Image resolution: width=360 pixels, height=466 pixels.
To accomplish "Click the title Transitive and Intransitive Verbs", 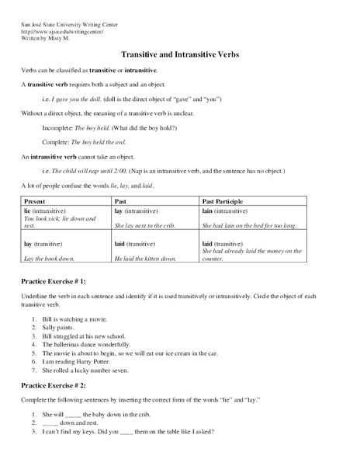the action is tap(179, 56).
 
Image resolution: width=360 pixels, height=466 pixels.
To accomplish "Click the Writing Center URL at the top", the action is tap(61, 31).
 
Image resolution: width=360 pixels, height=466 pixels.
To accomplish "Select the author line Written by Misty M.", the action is tap(52, 38).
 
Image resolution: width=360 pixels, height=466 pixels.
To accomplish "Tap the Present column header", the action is tap(35, 200).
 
